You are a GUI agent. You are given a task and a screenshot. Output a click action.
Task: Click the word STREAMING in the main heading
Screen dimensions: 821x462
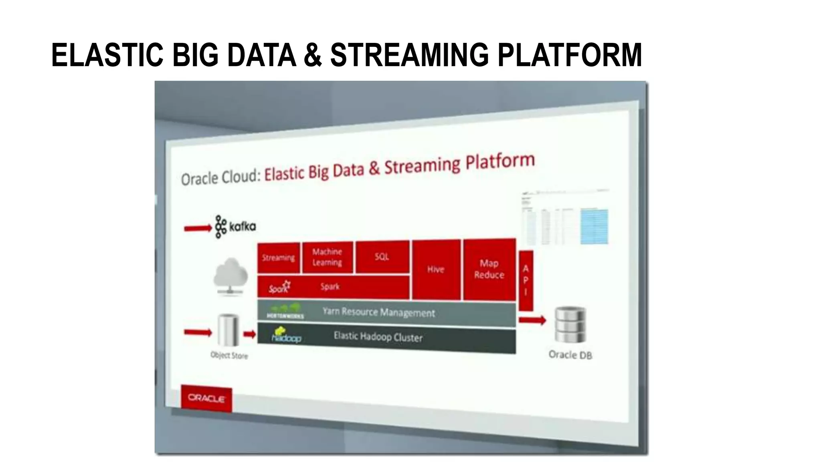pos(409,55)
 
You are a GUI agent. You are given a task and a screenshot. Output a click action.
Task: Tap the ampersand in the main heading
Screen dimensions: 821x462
pos(313,55)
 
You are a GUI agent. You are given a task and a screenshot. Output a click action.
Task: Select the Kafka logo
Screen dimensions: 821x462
pos(235,227)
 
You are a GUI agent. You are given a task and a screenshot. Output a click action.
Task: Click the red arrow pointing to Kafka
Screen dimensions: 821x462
pos(197,228)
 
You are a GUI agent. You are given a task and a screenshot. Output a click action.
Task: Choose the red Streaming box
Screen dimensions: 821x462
pos(279,257)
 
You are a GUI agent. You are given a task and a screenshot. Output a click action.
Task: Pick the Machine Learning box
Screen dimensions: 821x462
pos(328,257)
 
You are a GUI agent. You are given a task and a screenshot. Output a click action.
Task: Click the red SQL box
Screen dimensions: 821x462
pos(382,257)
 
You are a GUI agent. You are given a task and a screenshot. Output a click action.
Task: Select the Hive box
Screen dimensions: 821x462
pos(436,269)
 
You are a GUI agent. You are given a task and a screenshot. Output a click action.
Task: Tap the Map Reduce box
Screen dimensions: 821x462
pos(489,269)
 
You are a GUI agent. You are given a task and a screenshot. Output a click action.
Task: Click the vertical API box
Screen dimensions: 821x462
pos(526,280)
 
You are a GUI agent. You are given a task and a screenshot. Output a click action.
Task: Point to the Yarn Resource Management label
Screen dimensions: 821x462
pos(378,312)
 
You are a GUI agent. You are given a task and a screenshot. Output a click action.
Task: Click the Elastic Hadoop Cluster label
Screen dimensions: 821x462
pos(378,337)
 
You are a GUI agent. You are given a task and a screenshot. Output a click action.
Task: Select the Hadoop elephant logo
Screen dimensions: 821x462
pos(286,335)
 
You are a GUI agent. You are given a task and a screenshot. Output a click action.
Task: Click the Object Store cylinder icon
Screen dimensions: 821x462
pos(229,330)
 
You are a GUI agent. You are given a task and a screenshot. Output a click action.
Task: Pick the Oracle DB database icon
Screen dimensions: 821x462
pos(570,324)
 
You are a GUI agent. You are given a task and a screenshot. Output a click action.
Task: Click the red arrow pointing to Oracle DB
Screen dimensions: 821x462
pos(532,320)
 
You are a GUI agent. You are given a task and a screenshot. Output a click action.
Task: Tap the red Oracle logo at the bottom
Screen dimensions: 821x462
pos(206,398)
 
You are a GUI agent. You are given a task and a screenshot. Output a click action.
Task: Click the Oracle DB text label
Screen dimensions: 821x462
pos(570,355)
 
